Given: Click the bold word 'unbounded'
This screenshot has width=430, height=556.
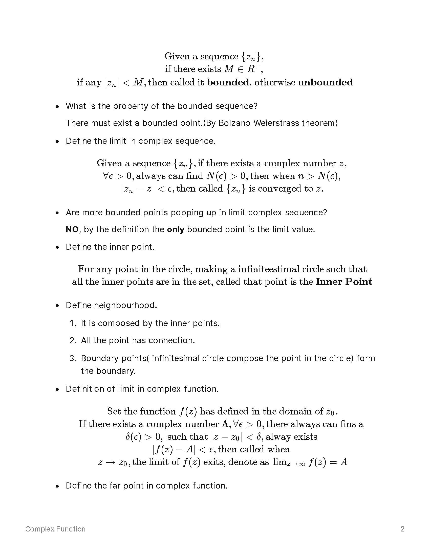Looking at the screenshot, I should tap(325, 82).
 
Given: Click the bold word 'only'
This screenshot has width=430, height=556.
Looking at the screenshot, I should tap(175, 229).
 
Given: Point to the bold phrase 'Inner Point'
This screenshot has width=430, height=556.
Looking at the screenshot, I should tap(344, 282).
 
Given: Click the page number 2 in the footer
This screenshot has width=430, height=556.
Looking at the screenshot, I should tap(402, 529).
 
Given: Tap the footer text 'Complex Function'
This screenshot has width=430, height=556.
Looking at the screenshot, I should tap(55, 529).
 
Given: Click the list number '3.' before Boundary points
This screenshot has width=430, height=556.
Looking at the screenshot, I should tap(73, 358).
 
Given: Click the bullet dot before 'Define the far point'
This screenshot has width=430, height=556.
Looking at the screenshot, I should tap(57, 486).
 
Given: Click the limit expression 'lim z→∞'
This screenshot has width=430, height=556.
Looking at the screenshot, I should tap(289, 462).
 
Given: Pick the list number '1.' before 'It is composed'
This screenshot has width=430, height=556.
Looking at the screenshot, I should tap(73, 323).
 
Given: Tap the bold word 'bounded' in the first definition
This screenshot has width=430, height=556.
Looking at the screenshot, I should tap(227, 82).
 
